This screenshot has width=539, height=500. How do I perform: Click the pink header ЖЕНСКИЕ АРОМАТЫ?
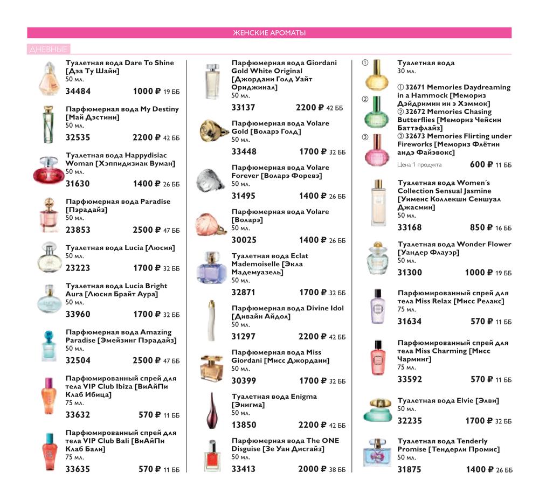coord(269,33)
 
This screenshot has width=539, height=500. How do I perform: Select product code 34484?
coord(78,91)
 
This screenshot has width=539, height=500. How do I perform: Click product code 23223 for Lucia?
coord(78,268)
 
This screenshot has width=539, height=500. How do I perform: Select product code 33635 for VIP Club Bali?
coord(78,469)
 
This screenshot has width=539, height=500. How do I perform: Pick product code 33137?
coord(244,107)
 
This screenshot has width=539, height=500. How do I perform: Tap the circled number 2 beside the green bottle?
coord(365,99)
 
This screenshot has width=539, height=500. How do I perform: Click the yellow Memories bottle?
coord(377,77)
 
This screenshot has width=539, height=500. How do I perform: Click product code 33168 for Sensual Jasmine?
coord(410,227)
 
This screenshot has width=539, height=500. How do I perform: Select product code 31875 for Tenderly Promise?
coord(410,469)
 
